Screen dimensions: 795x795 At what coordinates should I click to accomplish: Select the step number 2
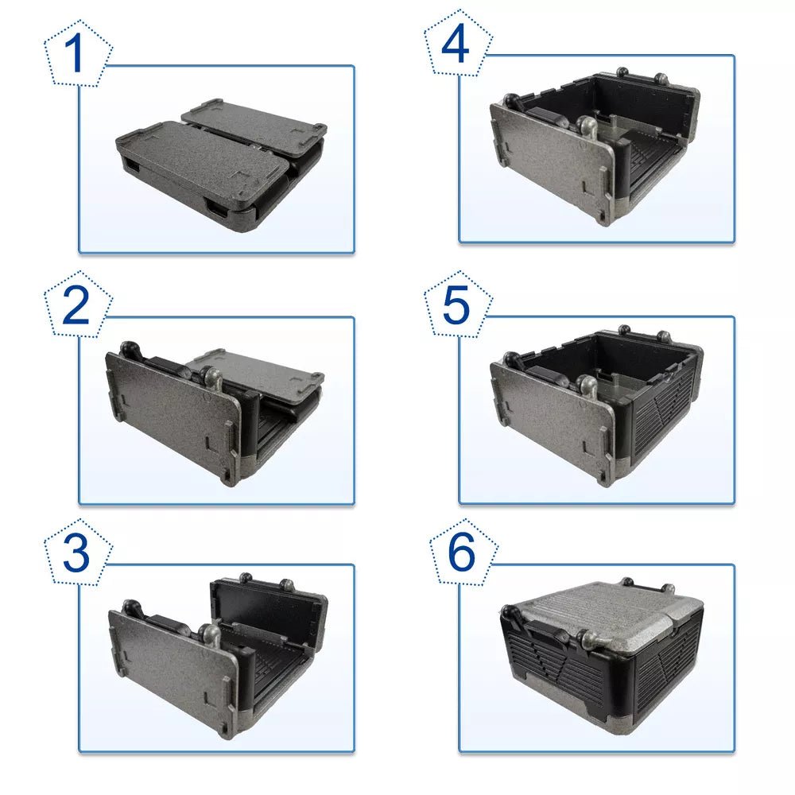[76, 307]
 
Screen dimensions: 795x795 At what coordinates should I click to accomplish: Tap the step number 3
[76, 555]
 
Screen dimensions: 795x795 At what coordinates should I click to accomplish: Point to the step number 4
[456, 45]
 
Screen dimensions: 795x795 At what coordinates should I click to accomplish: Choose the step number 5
[456, 307]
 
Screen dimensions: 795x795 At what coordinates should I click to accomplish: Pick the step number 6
[462, 555]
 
